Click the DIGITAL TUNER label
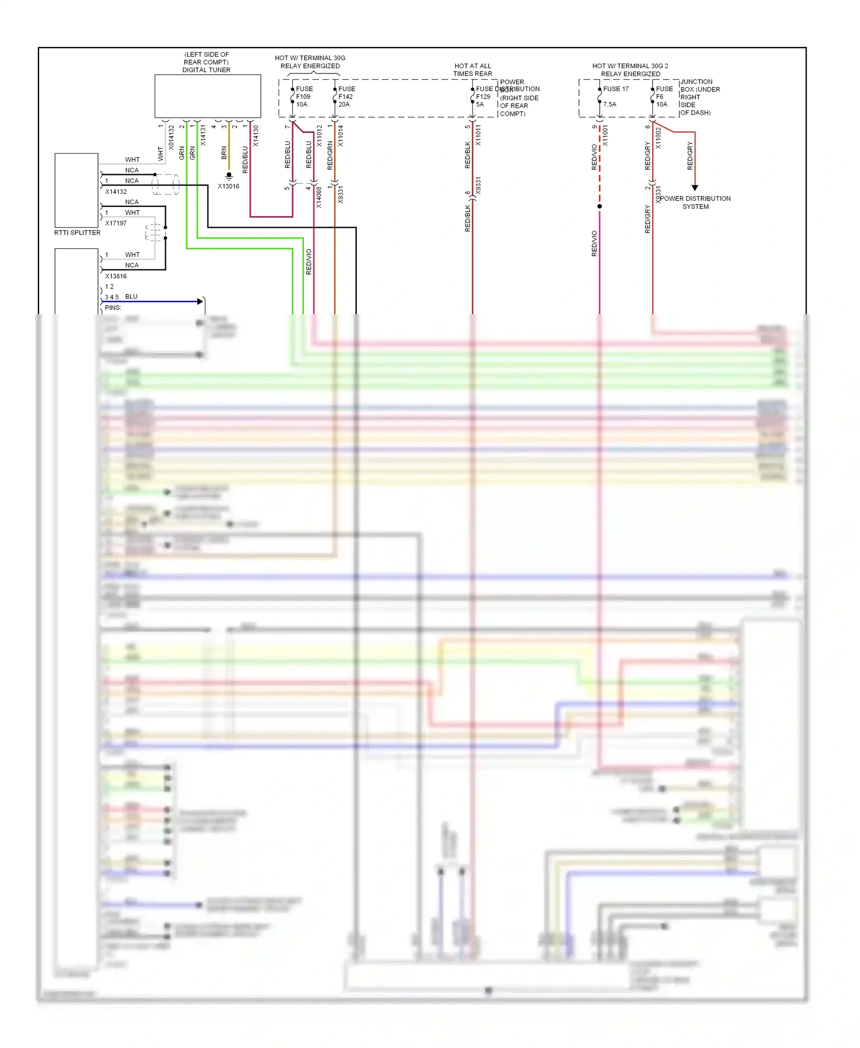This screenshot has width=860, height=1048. point(206,70)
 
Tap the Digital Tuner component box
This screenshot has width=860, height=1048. point(208,96)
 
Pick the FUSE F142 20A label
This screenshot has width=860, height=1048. point(346,96)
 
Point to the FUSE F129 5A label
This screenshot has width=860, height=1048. point(483,96)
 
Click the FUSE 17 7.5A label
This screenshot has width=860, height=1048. point(615,96)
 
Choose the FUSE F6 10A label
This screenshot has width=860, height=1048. point(664,96)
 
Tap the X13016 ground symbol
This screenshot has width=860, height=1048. point(229,176)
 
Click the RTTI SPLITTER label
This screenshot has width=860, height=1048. point(77,233)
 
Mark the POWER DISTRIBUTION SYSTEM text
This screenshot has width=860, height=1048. point(695,202)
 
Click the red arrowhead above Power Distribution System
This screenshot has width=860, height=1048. point(695,187)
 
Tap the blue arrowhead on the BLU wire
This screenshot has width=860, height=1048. point(200,301)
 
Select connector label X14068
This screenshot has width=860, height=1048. point(319,197)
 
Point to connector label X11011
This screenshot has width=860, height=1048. point(478,135)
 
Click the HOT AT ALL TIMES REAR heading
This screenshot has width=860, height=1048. point(472,70)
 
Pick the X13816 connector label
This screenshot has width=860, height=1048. point(116,276)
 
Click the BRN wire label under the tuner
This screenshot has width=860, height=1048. point(224,152)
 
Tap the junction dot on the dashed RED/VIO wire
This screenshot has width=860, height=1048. point(600,206)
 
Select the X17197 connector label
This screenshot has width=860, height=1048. point(116,223)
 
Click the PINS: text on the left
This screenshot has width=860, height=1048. point(113,308)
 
